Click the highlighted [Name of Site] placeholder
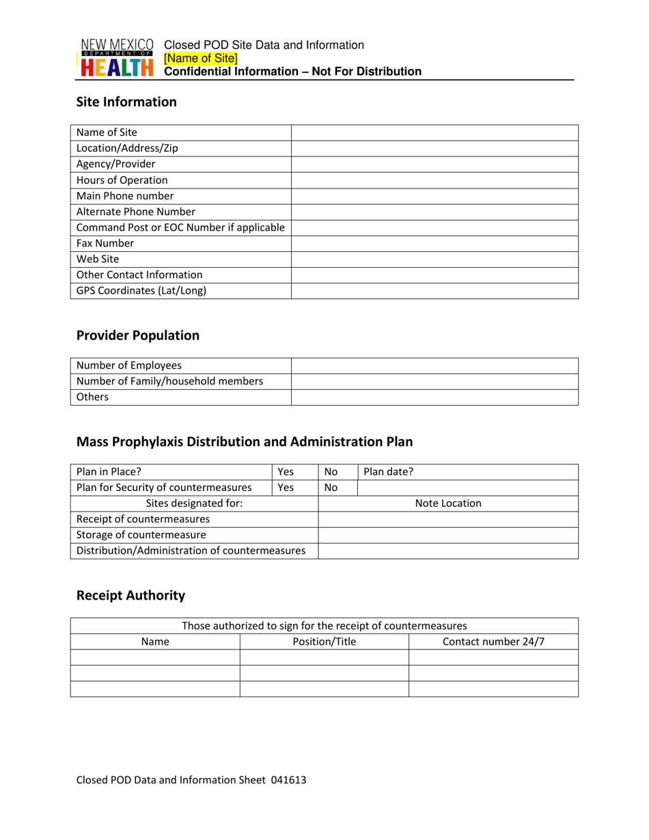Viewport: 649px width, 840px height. pos(201,58)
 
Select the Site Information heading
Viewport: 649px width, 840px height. pos(126,102)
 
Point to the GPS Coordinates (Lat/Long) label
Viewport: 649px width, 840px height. pos(141,290)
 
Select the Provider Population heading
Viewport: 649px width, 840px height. pos(138,335)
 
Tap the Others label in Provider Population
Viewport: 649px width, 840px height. pos(92,397)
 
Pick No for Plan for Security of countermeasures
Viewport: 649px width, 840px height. pos(331,488)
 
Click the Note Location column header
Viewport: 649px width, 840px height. pos(448,504)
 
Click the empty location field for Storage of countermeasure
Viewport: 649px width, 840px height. pos(448,535)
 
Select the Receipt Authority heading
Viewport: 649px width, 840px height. pos(130,596)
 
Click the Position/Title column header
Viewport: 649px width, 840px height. pos(324,642)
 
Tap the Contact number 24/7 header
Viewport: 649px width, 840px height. pos(493,642)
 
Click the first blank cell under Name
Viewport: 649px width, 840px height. pos(155,658)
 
